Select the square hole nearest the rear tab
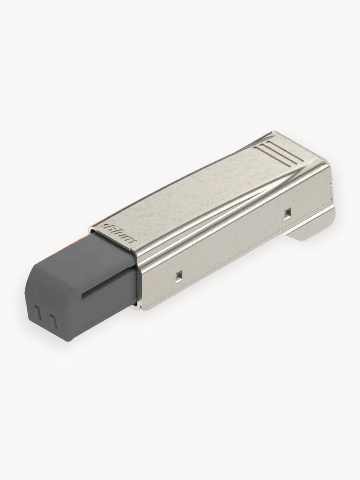[286, 214]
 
